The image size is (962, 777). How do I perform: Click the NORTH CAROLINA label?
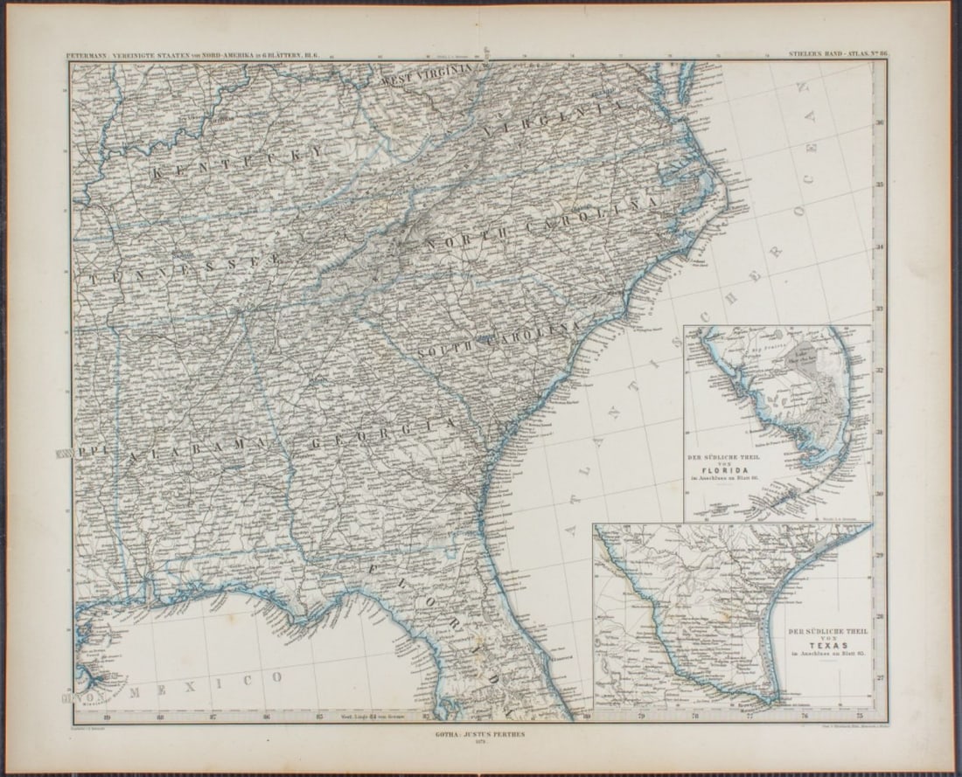541,219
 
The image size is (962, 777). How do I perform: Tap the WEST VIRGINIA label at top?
428,75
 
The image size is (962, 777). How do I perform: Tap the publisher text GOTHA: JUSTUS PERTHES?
482,735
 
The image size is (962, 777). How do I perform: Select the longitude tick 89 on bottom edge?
107,718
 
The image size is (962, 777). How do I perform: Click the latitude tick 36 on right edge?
880,123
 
